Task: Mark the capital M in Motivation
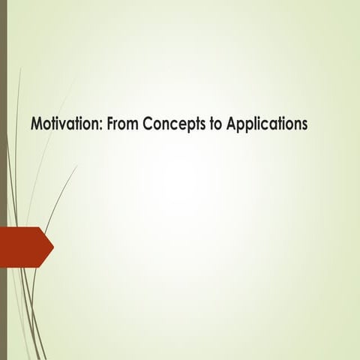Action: pyautogui.click(x=34, y=123)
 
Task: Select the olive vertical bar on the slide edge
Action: pyautogui.click(x=3, y=180)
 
